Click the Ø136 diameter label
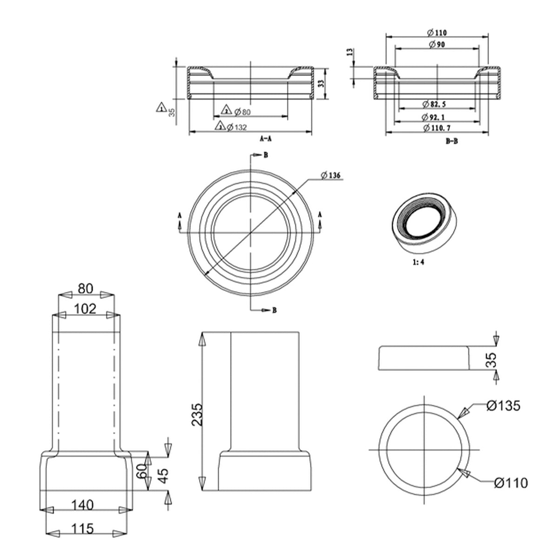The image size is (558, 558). point(331,175)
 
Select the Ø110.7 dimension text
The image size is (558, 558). point(437,127)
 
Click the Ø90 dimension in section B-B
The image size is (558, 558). point(437,44)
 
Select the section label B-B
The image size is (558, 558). point(452,142)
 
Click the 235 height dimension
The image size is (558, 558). point(197,414)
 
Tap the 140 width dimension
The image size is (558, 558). point(83,505)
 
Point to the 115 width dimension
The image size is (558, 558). point(83,528)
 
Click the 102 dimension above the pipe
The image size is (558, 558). point(84,308)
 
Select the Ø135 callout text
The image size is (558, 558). point(503,406)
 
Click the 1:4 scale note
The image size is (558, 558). point(418,262)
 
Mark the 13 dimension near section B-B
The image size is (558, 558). point(350,52)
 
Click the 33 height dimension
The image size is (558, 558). point(320,83)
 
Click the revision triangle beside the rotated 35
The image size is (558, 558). point(161,107)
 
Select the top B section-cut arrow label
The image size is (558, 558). point(266,156)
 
